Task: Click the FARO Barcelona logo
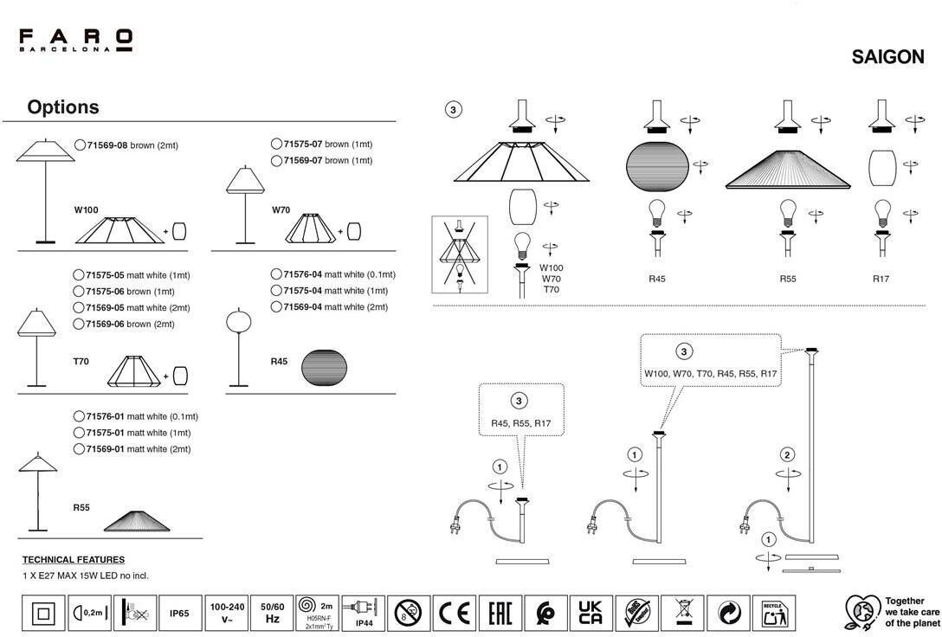[76, 40]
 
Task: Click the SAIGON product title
[887, 57]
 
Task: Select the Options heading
[63, 107]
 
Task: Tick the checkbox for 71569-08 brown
[81, 145]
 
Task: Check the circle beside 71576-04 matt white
[276, 274]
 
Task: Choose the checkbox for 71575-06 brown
[81, 292]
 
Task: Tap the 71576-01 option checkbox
[81, 416]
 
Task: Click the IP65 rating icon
[179, 614]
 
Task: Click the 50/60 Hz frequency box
[272, 614]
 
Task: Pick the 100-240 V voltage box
[226, 614]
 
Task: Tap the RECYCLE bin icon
[772, 614]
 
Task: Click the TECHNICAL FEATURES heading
[74, 560]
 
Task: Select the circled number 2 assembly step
[787, 455]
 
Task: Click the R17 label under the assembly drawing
[881, 279]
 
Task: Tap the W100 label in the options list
[87, 210]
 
